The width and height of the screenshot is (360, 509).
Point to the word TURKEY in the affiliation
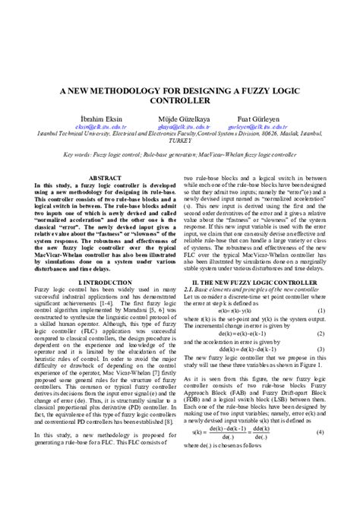179,141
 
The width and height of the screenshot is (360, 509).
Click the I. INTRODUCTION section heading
94,282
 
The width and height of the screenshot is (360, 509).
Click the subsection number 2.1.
191,289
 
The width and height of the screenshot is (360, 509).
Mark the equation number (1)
321,311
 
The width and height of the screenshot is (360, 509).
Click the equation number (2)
321,334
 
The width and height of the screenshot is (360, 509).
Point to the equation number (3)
321,349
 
